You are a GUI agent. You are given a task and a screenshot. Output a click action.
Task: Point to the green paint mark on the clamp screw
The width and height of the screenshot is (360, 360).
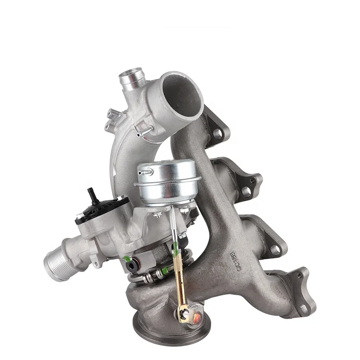(x=165, y=271)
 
